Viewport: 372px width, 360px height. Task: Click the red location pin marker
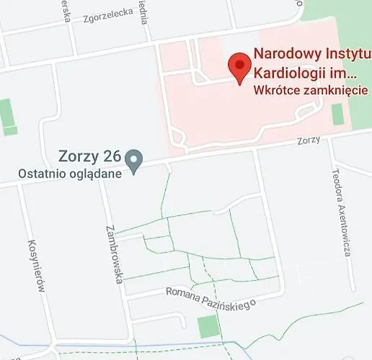pos(239,67)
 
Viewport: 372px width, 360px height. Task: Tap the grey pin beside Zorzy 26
pos(133,158)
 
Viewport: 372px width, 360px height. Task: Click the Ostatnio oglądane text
pos(69,173)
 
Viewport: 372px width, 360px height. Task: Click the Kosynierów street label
pos(37,266)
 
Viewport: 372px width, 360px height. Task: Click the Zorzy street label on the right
pos(308,140)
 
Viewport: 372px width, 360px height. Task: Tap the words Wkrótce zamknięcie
pos(311,91)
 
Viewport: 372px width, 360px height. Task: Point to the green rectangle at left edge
pos(8,117)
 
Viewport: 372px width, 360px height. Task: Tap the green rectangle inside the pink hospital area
pos(337,114)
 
